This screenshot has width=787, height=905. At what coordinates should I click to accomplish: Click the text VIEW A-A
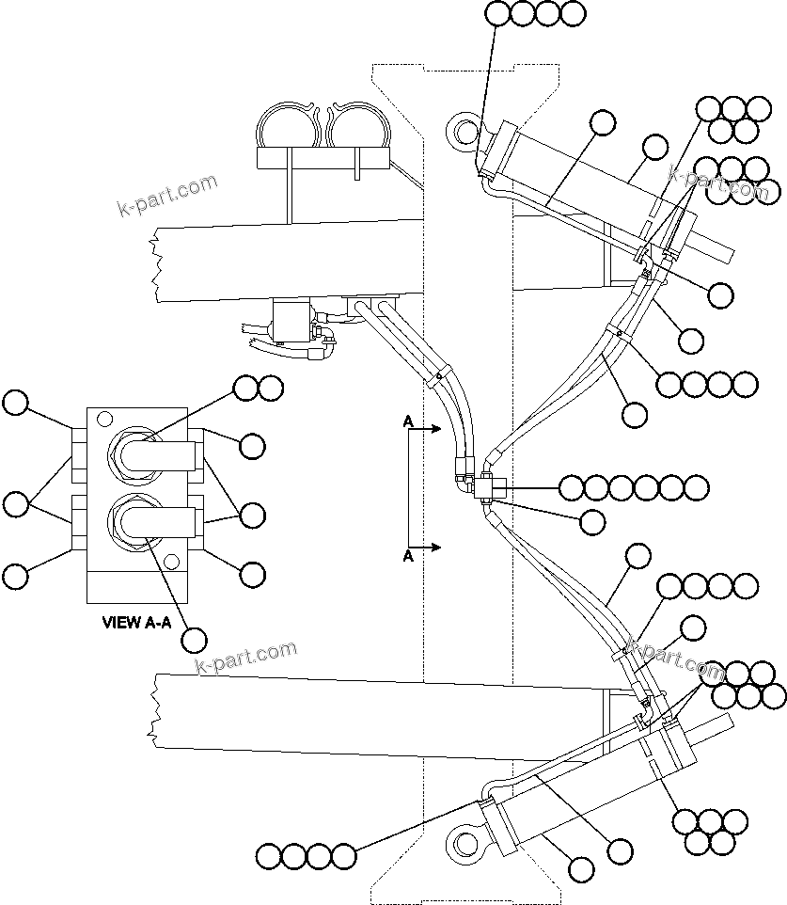(x=136, y=622)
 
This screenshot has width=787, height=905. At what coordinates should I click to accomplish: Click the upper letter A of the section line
(x=408, y=423)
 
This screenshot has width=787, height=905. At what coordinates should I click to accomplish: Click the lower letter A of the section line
(x=408, y=557)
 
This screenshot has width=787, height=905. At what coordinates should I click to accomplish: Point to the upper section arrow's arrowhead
(x=437, y=429)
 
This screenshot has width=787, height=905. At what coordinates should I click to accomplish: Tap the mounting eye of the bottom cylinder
(x=464, y=840)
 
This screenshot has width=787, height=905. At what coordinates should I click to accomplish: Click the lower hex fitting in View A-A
(x=131, y=517)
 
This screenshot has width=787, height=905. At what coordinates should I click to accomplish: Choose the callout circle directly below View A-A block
(x=194, y=640)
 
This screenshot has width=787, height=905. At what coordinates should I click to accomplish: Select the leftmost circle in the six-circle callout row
(x=573, y=487)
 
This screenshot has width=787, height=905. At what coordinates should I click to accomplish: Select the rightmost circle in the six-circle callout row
(x=696, y=487)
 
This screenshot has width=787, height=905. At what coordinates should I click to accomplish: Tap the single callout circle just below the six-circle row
(x=592, y=520)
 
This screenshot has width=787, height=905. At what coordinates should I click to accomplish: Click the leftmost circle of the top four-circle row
(x=498, y=13)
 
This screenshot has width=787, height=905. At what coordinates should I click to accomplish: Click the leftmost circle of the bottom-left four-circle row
(x=269, y=856)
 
